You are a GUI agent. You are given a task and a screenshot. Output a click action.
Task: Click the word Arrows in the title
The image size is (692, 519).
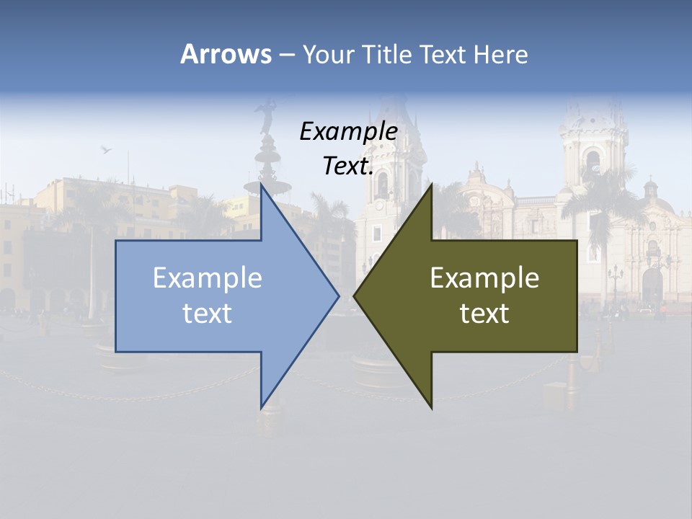tap(226, 54)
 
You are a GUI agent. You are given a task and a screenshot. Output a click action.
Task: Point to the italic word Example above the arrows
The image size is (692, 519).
tap(348, 131)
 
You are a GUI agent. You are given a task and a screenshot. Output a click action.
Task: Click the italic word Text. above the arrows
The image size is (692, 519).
tap(348, 166)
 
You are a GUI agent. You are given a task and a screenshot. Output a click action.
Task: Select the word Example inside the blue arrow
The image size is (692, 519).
tap(208, 278)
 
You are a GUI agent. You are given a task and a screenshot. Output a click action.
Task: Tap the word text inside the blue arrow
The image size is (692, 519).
tap(208, 313)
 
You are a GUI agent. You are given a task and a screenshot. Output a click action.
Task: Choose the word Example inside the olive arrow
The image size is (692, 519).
tap(484, 278)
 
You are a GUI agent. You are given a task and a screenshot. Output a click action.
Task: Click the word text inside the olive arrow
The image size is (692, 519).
tap(484, 313)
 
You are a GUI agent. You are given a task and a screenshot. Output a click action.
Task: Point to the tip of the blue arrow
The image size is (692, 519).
tap(338, 296)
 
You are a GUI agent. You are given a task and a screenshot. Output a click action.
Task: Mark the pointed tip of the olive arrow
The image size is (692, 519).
tap(355, 296)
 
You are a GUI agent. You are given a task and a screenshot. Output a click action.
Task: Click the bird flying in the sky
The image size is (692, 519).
tap(107, 150)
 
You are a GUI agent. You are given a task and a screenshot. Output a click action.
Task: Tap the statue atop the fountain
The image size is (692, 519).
tap(267, 115)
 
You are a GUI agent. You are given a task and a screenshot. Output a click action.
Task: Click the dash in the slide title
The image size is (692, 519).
tap(286, 55)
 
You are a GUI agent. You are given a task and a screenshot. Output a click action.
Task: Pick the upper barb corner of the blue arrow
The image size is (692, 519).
tap(261, 185)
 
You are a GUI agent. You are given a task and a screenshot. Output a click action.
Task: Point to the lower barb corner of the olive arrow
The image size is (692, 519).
tap(431, 408)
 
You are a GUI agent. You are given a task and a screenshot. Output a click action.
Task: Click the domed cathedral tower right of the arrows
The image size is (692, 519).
tap(593, 144)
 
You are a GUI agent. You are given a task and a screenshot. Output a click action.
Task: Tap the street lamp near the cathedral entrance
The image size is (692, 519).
tap(615, 278)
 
